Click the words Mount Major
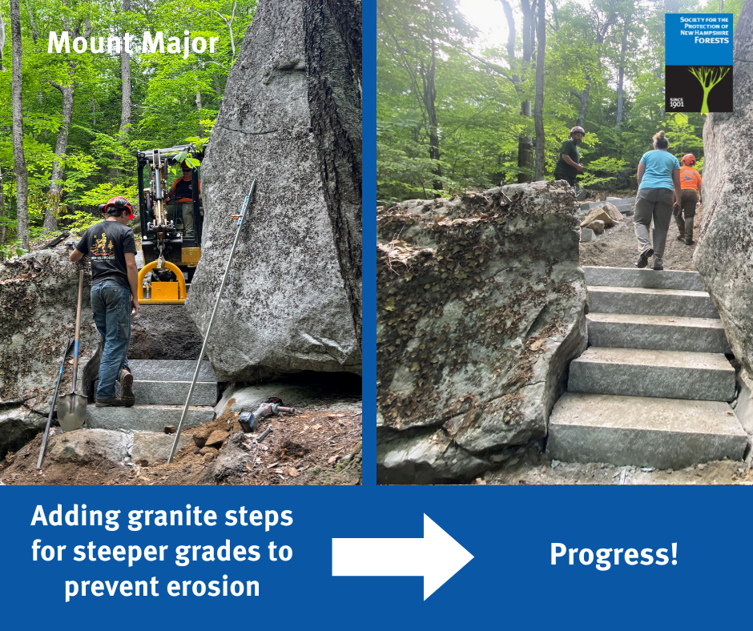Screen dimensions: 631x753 (x=133, y=43)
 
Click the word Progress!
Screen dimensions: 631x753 (x=614, y=554)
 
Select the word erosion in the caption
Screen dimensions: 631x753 (x=216, y=586)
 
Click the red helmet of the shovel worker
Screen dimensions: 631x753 (x=119, y=205)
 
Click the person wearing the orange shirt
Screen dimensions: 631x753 (x=689, y=196)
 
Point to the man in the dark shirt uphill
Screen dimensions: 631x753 (x=570, y=156)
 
